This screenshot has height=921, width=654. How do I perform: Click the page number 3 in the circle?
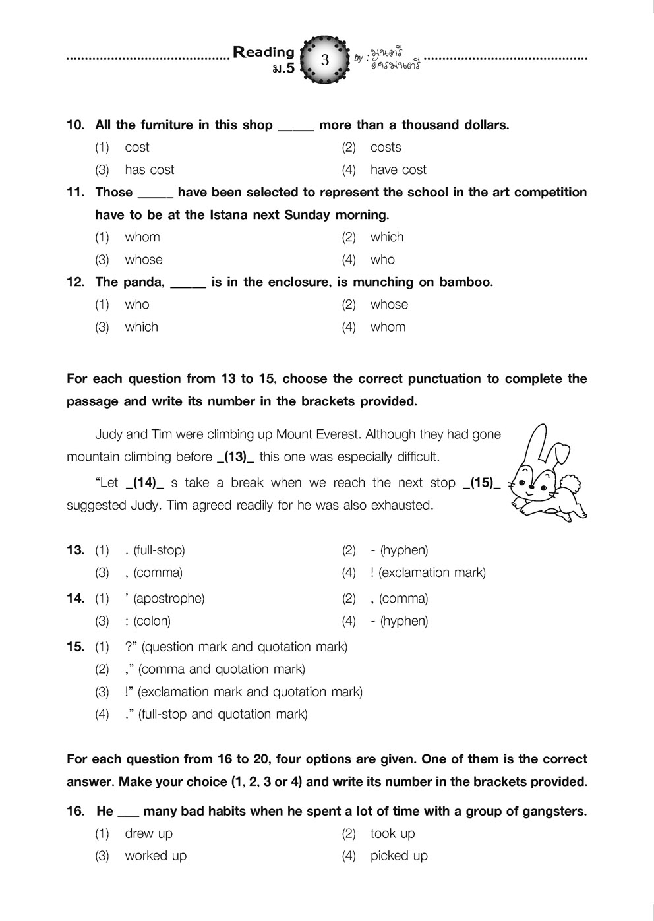tap(324, 60)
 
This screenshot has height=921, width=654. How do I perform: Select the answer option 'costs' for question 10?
tap(386, 147)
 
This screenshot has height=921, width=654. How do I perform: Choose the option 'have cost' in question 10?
tap(398, 169)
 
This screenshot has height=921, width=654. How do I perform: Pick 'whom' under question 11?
tap(142, 237)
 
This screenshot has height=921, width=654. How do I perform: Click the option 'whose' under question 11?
tap(144, 259)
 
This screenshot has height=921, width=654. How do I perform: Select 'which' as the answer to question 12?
tap(142, 326)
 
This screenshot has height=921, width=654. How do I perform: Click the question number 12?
tap(75, 282)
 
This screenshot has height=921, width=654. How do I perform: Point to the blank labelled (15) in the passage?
tap(481, 483)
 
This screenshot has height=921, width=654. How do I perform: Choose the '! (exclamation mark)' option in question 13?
tap(428, 572)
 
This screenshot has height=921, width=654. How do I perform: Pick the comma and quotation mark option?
tap(215, 669)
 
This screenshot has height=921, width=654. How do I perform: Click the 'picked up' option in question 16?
tap(399, 855)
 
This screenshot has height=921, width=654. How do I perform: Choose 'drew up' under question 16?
tap(148, 833)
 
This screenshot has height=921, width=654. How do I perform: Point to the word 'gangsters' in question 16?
tap(552, 811)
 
